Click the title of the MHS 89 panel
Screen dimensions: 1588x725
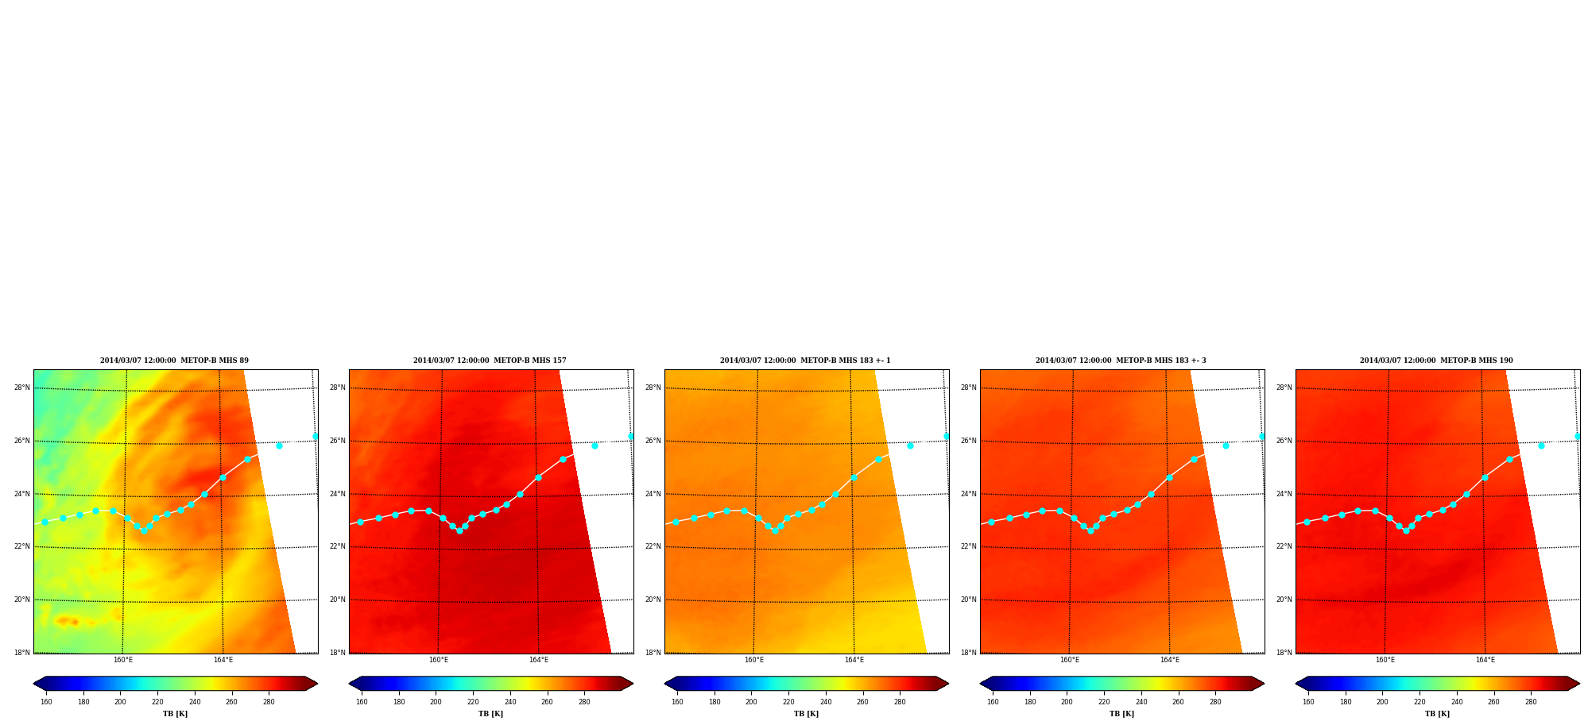click(x=174, y=361)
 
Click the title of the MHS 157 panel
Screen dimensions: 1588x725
click(x=490, y=361)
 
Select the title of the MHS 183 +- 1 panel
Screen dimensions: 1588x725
click(x=805, y=361)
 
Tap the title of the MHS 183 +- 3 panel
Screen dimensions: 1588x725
click(x=1121, y=361)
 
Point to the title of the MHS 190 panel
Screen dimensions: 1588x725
click(x=1436, y=361)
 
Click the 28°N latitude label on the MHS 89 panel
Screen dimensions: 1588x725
click(x=22, y=388)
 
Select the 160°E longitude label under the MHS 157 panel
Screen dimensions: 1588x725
click(x=439, y=660)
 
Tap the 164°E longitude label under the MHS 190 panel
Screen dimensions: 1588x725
click(x=1485, y=660)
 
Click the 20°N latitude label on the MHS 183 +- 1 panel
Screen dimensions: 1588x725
click(x=653, y=600)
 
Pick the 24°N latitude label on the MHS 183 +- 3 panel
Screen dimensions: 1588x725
click(x=969, y=494)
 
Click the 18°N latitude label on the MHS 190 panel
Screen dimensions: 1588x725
click(x=1284, y=653)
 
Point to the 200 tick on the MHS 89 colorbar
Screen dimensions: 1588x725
click(x=120, y=702)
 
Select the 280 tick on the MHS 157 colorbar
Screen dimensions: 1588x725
click(x=584, y=702)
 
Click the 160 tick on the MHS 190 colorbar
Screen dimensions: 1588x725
click(x=1308, y=702)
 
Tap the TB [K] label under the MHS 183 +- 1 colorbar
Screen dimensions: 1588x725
click(x=807, y=714)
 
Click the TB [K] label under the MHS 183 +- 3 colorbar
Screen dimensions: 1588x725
click(x=1122, y=714)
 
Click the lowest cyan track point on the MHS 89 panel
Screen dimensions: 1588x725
click(x=144, y=530)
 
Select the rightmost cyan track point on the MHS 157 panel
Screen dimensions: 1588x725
click(x=631, y=437)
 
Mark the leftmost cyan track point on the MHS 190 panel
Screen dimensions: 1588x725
click(x=1307, y=522)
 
